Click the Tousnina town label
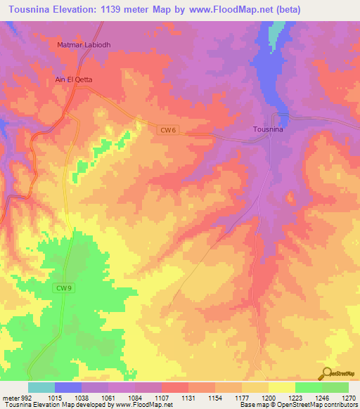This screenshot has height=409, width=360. pos(267,129)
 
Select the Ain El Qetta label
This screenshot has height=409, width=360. pos(74,79)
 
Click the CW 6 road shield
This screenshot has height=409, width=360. pos(166,129)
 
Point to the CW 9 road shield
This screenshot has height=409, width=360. pos(63,287)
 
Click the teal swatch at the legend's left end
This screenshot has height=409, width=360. pos(41,387)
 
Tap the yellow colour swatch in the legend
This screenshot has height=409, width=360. pos(281,387)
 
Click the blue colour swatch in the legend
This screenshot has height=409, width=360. pos(68,387)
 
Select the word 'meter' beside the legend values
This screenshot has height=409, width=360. pos(10,397)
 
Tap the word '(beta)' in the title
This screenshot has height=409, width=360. pos(330,10)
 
